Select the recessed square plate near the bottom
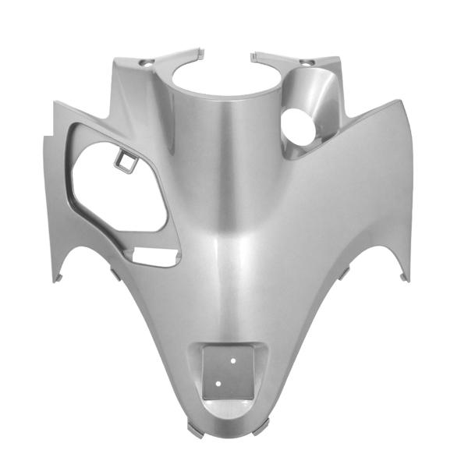[231, 370]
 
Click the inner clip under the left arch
[115, 272]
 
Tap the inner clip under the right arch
[346, 272]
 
